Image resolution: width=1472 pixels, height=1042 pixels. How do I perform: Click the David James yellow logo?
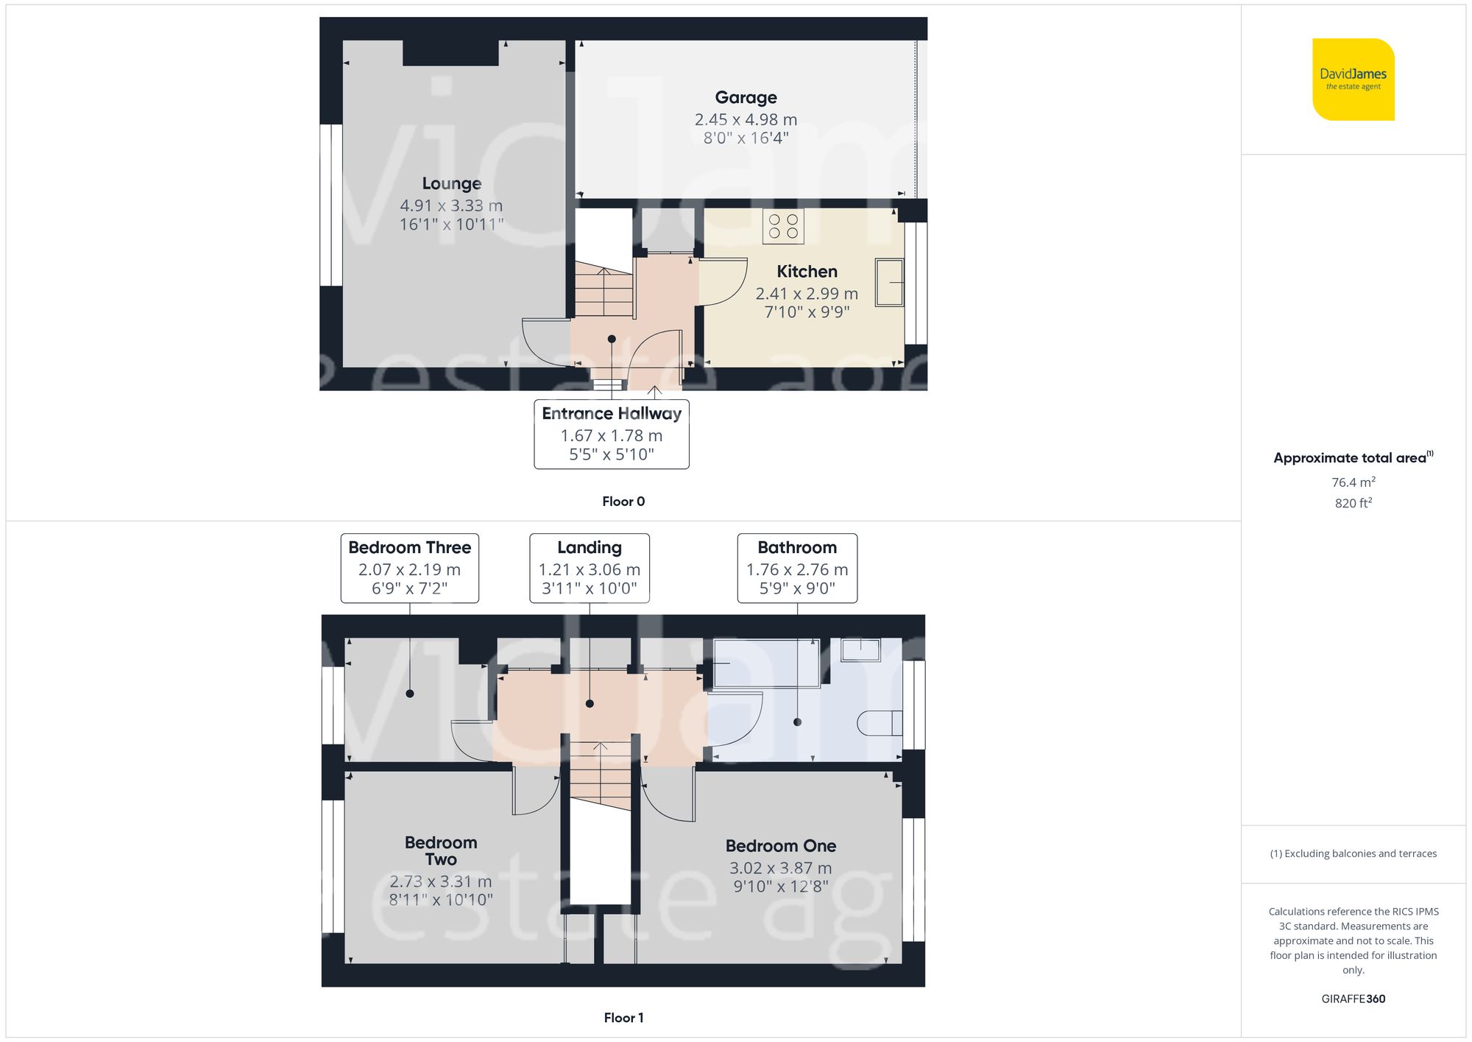(1353, 80)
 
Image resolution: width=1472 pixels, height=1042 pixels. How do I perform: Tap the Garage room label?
(746, 98)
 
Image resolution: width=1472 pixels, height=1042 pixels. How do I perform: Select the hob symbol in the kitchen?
(783, 226)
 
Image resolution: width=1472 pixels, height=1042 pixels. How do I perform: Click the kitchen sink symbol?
(889, 281)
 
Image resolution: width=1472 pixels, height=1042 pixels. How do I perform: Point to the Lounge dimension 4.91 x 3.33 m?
(451, 206)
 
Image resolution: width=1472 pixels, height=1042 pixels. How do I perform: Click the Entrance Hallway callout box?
(611, 434)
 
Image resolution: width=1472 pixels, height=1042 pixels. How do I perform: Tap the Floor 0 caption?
(623, 501)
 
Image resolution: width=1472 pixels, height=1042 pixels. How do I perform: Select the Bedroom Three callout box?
(409, 568)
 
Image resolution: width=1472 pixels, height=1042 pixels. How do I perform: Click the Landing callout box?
(589, 568)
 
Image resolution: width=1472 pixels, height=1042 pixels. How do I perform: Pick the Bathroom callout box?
(797, 568)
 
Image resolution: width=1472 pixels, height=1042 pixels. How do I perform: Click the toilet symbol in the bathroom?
(880, 722)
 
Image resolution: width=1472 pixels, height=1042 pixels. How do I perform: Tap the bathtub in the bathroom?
(765, 663)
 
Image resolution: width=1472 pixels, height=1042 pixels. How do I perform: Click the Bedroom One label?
(780, 846)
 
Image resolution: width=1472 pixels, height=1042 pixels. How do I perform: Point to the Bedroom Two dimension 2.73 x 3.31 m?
(440, 881)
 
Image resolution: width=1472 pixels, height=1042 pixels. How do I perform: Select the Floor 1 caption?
(623, 1018)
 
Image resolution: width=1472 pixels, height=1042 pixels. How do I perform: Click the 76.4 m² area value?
(1353, 482)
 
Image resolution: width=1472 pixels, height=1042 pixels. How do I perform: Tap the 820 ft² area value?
(1353, 503)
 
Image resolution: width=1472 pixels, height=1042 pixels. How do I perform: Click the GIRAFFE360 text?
(1353, 999)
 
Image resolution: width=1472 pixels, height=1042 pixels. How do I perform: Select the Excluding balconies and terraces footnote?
(1353, 853)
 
